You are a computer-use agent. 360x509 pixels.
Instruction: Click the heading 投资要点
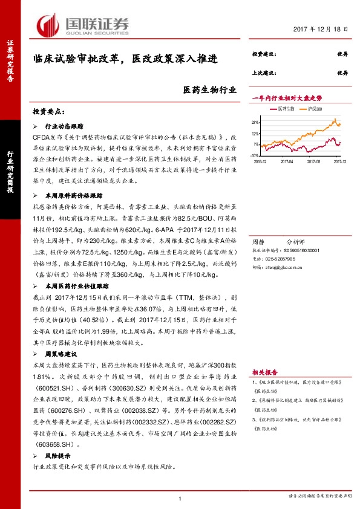(48, 112)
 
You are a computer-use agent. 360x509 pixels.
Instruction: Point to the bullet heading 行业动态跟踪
(64, 128)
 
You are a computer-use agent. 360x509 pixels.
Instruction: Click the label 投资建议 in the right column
(263, 54)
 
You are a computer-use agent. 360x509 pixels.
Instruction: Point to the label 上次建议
(263, 72)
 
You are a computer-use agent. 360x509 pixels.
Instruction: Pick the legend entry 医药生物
(285, 108)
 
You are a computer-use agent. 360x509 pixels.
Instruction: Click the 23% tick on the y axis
(257, 122)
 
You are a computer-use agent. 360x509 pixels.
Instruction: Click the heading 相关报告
(264, 372)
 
